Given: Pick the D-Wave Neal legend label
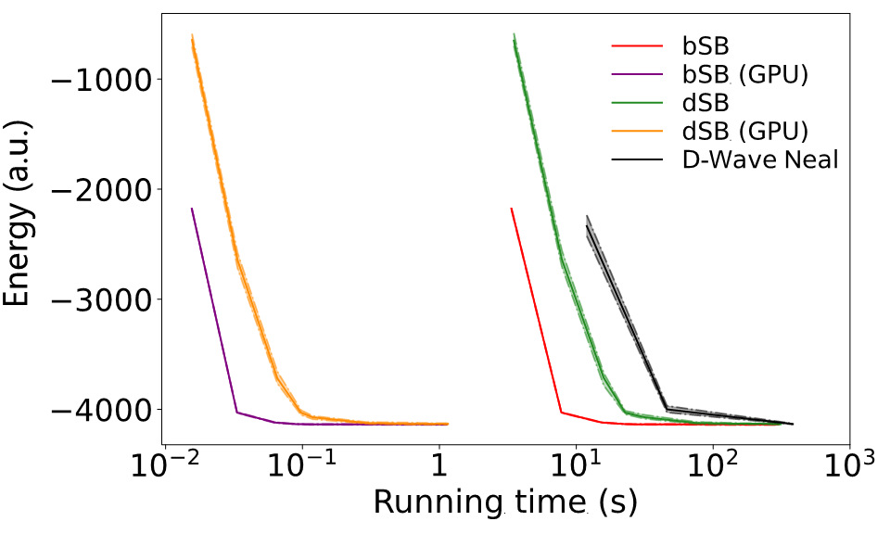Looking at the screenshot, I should point(760,159).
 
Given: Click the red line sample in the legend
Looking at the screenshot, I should point(637,45).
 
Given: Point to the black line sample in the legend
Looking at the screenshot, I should point(637,159).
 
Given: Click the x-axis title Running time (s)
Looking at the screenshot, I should point(505,502).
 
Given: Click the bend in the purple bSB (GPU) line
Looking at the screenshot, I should point(236,413).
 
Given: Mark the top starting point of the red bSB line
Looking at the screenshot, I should point(512,209).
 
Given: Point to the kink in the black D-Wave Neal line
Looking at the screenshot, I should point(667,409).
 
